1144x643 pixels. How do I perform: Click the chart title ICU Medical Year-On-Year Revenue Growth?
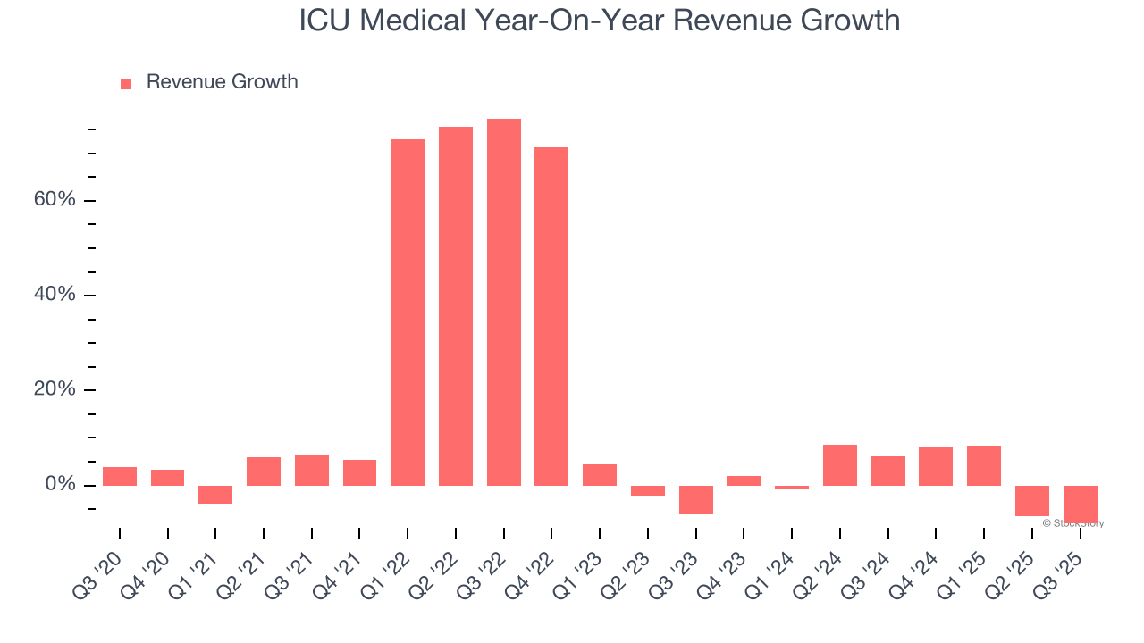599,20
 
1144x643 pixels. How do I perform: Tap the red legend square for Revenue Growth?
126,83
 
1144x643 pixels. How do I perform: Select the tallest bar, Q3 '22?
503,302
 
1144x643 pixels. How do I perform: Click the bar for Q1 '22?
408,313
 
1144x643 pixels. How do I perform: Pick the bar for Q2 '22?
456,306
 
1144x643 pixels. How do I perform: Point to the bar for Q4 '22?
551,316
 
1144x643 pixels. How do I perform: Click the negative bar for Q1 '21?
215,495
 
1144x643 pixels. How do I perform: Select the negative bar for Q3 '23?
696,500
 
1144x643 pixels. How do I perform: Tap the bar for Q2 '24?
840,465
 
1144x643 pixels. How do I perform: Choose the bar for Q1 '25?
984,465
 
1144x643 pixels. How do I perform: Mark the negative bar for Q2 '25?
1032,501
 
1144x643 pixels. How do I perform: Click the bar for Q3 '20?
120,476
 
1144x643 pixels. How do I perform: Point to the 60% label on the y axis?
55,199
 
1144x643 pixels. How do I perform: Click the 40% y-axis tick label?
55,295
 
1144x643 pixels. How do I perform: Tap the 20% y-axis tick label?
55,389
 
